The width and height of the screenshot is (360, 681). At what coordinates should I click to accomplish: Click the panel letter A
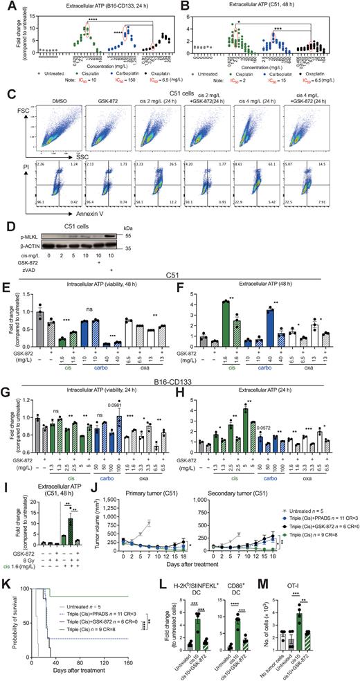[x=5, y=6]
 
